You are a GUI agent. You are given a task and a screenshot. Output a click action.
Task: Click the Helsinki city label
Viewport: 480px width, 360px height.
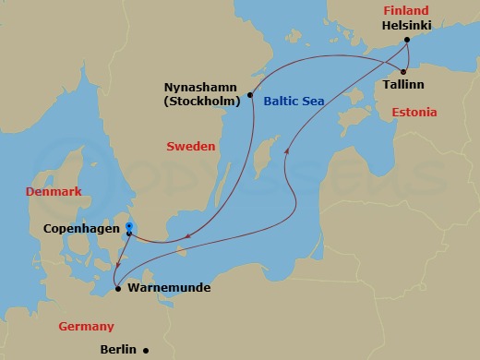[x=408, y=25]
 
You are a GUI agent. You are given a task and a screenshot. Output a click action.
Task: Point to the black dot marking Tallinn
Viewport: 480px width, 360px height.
[x=403, y=70]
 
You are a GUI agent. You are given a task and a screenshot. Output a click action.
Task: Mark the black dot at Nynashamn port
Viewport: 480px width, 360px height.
[x=250, y=94]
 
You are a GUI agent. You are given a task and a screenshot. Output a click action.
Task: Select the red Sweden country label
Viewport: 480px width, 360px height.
[x=190, y=147]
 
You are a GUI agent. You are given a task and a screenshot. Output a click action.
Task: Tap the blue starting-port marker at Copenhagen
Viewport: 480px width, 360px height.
[x=129, y=226]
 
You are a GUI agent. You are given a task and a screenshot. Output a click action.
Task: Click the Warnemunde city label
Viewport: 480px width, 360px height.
[x=169, y=288]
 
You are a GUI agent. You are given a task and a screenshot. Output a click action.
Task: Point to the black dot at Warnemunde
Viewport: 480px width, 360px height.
[x=118, y=288]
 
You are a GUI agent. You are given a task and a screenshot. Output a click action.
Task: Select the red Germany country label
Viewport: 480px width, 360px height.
[x=86, y=327]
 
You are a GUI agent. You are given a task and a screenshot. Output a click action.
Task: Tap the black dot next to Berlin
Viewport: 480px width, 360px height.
[x=147, y=350]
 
